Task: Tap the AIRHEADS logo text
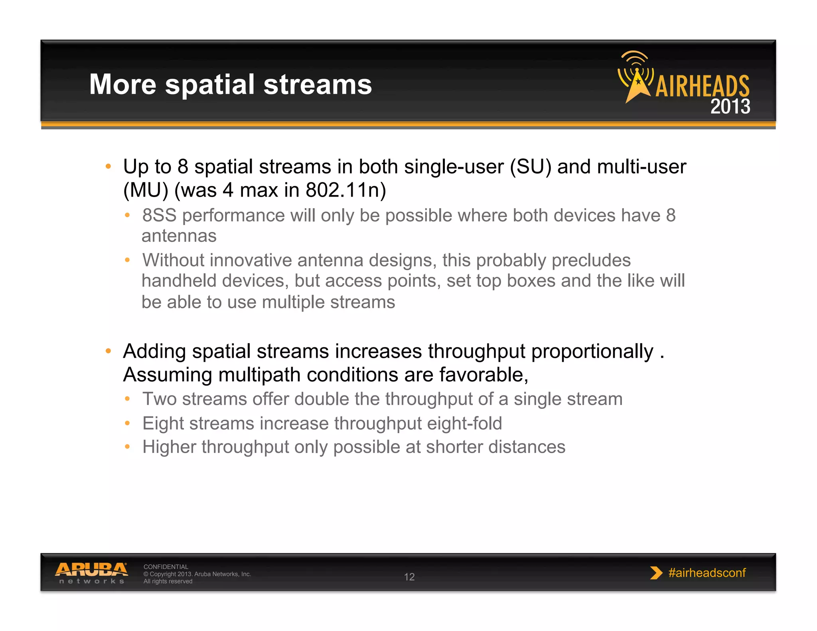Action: pos(702,86)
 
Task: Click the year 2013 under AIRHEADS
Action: pos(730,107)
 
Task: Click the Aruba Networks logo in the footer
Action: pos(91,573)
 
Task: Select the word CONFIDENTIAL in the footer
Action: pos(166,567)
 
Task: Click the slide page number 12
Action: pos(409,577)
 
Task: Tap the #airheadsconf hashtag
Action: pos(707,573)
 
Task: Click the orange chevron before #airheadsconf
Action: pos(655,573)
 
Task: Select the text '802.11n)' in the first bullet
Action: pos(346,190)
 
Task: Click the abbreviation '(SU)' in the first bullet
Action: pos(531,167)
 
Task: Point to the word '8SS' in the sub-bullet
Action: pos(159,215)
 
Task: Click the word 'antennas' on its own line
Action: pos(179,236)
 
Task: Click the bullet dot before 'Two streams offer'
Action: pos(127,399)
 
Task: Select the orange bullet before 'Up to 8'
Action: pos(108,167)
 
